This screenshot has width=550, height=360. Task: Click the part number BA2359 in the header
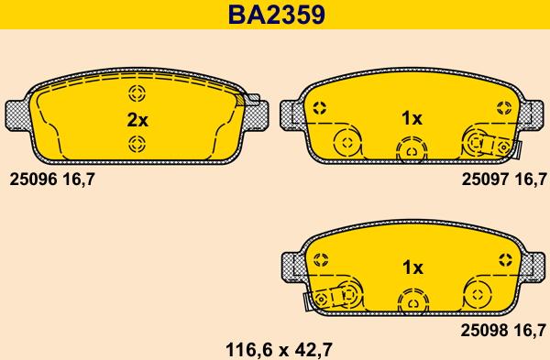pyautogui.click(x=277, y=15)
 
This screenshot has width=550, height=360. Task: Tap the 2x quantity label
pyautogui.click(x=137, y=120)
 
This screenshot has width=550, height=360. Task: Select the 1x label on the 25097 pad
pyautogui.click(x=412, y=118)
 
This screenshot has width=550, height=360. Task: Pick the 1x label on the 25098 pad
pyautogui.click(x=412, y=267)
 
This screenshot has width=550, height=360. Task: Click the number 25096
pyautogui.click(x=33, y=180)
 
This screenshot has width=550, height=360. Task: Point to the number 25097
pyautogui.click(x=485, y=180)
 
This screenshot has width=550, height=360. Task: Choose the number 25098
pyautogui.click(x=484, y=330)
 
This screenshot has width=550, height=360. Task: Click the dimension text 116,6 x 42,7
pyautogui.click(x=279, y=350)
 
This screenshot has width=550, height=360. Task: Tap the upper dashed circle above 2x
pyautogui.click(x=137, y=93)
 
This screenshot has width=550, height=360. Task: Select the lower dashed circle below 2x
pyautogui.click(x=137, y=144)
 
